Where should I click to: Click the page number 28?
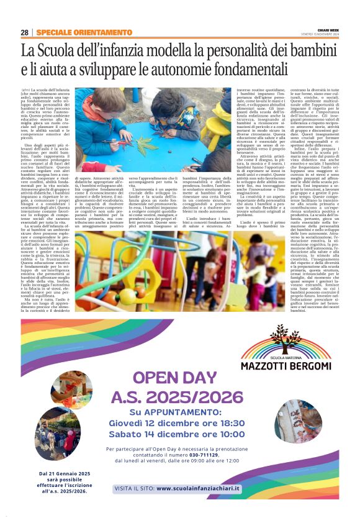pos(24,32)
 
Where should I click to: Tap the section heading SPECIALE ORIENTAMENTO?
pos(75,32)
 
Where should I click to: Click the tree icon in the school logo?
pos(287,336)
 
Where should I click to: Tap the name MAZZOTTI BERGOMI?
pos(286,367)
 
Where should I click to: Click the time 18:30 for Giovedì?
pos(230,424)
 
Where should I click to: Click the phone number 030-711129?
pos(205,455)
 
